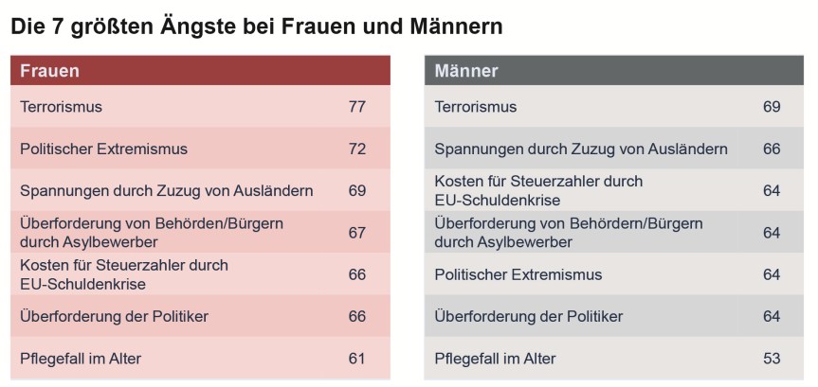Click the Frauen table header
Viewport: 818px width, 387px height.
(49, 71)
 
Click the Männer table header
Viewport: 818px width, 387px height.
(466, 71)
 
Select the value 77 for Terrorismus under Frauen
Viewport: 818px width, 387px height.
(356, 107)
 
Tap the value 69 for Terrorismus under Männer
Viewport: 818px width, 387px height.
(772, 107)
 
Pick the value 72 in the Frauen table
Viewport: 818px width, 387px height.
(356, 149)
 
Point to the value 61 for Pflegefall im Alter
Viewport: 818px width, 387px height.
(356, 359)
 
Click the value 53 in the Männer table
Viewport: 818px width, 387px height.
(772, 359)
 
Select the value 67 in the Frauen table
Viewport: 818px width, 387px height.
(356, 233)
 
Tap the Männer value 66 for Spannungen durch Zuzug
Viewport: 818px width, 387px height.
(772, 149)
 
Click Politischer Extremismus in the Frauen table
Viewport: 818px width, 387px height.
(103, 149)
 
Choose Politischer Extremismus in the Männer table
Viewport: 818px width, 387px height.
(518, 274)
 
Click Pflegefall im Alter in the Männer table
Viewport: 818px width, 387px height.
(495, 359)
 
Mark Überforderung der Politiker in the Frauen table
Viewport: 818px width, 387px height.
(114, 316)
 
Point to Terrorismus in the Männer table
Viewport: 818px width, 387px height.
(476, 107)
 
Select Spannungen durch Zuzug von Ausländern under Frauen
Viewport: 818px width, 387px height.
(166, 191)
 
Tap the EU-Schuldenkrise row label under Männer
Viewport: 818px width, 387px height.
(537, 190)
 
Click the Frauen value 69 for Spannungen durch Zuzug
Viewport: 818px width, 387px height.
(356, 191)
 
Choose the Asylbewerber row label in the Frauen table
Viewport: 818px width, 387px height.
(152, 233)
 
